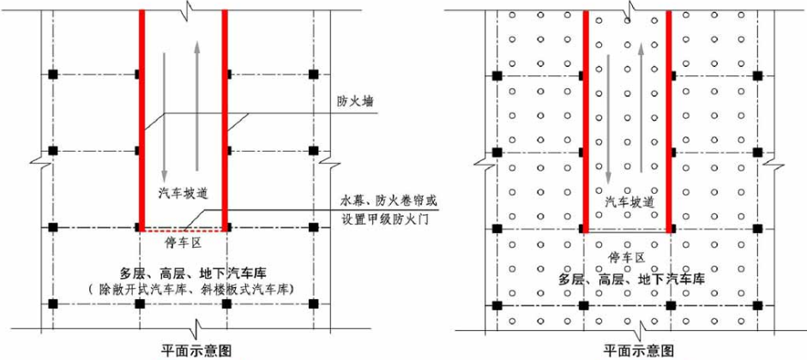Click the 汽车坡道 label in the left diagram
[182, 190]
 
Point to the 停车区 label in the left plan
[182, 243]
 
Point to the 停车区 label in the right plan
[627, 256]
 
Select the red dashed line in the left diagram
[183, 231]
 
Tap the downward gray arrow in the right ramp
[609, 120]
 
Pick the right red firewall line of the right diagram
[668, 120]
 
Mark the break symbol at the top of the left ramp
[183, 9]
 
